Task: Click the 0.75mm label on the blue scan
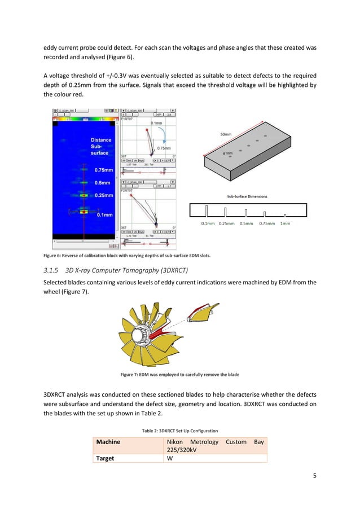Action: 103,169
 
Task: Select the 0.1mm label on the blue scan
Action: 105,215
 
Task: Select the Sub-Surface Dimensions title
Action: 247,196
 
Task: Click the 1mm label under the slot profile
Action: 286,223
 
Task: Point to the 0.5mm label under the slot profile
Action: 246,223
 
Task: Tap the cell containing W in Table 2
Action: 169,459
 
